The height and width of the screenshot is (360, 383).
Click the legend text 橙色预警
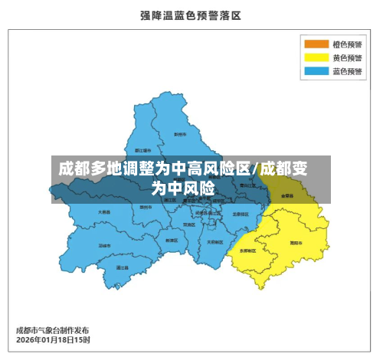click(x=347, y=44)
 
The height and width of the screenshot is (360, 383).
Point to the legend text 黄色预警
click(x=347, y=57)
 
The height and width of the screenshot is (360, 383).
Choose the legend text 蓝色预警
click(x=347, y=71)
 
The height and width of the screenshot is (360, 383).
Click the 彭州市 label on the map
click(x=180, y=134)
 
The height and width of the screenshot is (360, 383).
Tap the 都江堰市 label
click(x=143, y=149)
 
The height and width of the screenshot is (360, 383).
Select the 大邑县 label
click(x=103, y=211)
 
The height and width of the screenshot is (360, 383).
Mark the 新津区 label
click(x=172, y=240)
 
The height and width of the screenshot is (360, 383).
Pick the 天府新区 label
click(x=215, y=241)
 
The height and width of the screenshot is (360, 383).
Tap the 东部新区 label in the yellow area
click(x=247, y=250)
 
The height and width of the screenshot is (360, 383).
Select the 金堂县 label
click(x=287, y=196)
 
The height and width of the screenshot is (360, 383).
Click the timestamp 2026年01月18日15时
click(x=53, y=339)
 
